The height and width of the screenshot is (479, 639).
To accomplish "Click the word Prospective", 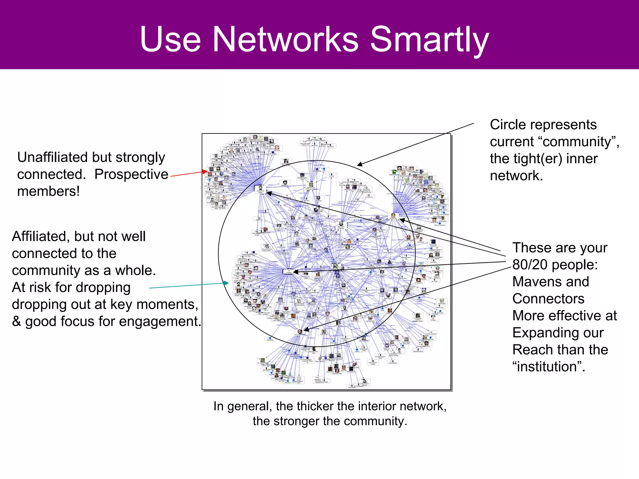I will point(131,174).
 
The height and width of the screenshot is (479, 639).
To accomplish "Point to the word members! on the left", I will point(48,191).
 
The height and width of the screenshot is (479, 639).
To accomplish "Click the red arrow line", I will point(187,174).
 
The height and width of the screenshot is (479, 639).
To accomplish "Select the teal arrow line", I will point(187,286).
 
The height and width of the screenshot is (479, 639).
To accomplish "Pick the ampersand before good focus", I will point(17,322).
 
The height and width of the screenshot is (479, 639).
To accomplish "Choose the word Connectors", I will point(548,299).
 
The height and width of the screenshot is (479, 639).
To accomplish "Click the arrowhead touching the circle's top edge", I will point(359,164).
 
